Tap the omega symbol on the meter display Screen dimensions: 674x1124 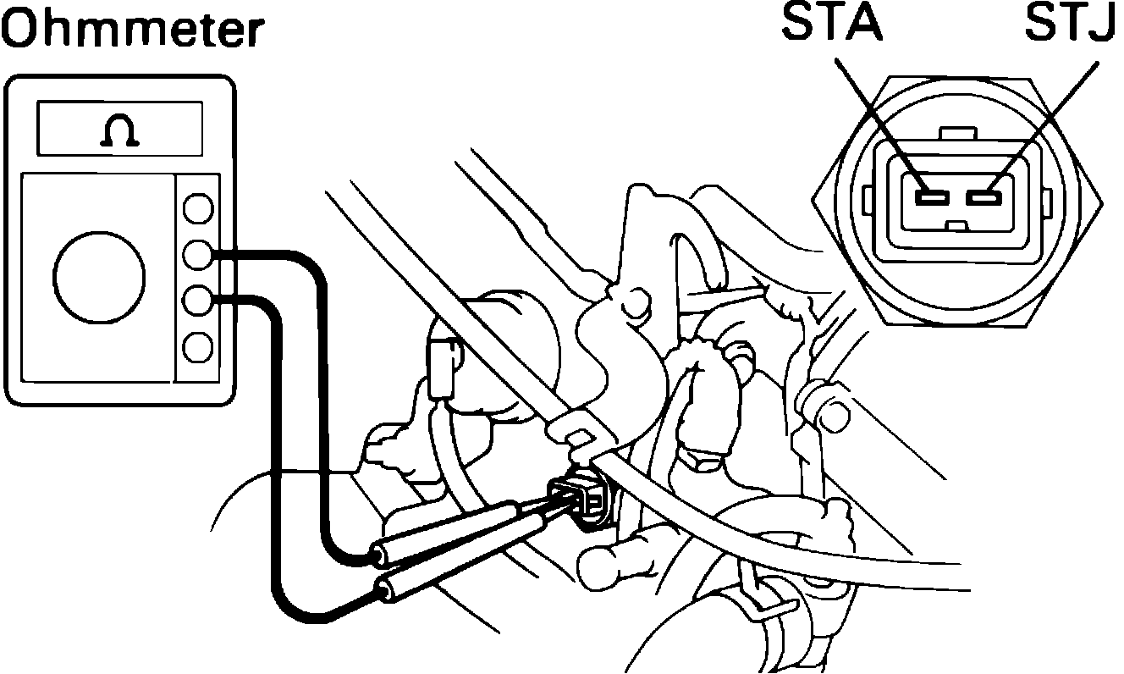[119, 131]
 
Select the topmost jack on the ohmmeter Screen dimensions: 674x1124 [197, 208]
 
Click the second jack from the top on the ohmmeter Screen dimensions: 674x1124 [197, 253]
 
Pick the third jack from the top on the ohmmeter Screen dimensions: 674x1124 [197, 299]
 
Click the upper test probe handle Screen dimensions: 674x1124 [444, 530]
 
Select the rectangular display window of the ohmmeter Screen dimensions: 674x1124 [119, 129]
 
